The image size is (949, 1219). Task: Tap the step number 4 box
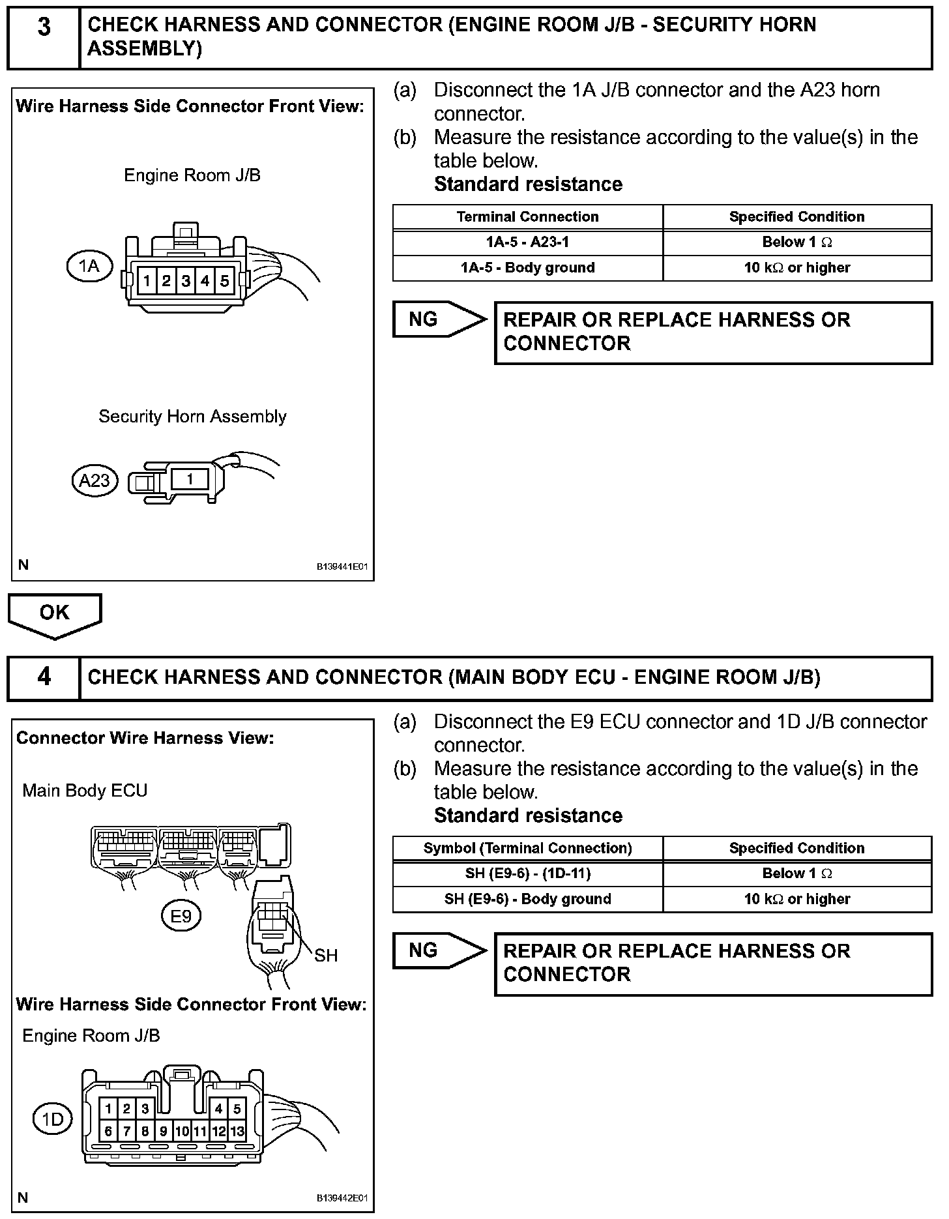[44, 678]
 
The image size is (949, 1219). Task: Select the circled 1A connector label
[89, 266]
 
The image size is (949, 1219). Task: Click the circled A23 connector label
[94, 480]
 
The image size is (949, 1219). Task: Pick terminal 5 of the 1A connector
[225, 281]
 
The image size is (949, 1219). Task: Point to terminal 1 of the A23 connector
[190, 479]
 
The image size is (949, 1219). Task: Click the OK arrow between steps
[55, 613]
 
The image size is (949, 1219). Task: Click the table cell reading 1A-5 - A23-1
[527, 242]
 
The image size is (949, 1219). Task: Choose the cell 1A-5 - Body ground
[527, 268]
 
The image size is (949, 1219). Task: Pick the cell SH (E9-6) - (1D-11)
[527, 874]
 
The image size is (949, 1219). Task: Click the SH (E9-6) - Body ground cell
[527, 899]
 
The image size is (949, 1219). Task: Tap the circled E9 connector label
[181, 917]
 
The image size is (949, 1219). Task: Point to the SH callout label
[326, 956]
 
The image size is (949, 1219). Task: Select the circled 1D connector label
[53, 1119]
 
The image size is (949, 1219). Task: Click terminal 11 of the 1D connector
[201, 1132]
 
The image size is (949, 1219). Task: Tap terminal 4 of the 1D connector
[219, 1109]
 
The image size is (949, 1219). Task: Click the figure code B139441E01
[342, 567]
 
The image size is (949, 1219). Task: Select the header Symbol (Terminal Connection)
[527, 848]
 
